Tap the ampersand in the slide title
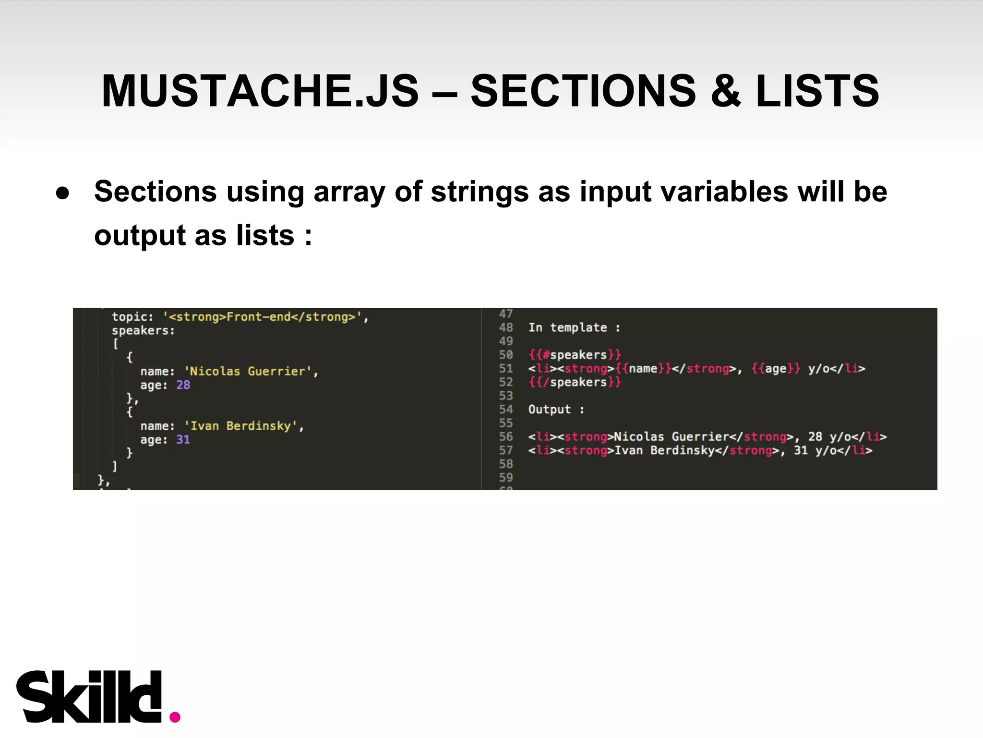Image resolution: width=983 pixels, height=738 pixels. tap(726, 91)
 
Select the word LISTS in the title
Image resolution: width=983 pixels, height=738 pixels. tap(817, 91)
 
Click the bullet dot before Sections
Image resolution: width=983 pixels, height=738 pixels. tap(63, 193)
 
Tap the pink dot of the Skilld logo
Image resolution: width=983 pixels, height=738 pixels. tap(175, 717)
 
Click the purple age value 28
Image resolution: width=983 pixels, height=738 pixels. tap(183, 385)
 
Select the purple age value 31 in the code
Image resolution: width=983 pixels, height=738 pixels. tap(183, 440)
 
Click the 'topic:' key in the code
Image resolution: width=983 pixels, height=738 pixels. tap(132, 317)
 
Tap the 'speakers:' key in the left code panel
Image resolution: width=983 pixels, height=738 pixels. tap(143, 330)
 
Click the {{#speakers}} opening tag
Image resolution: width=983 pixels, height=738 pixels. tap(575, 355)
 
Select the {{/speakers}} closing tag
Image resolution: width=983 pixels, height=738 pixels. tap(575, 382)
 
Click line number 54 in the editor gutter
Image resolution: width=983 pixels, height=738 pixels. tap(506, 410)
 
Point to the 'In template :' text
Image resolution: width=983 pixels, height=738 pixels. tap(574, 327)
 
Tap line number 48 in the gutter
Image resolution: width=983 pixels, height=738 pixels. tap(506, 327)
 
